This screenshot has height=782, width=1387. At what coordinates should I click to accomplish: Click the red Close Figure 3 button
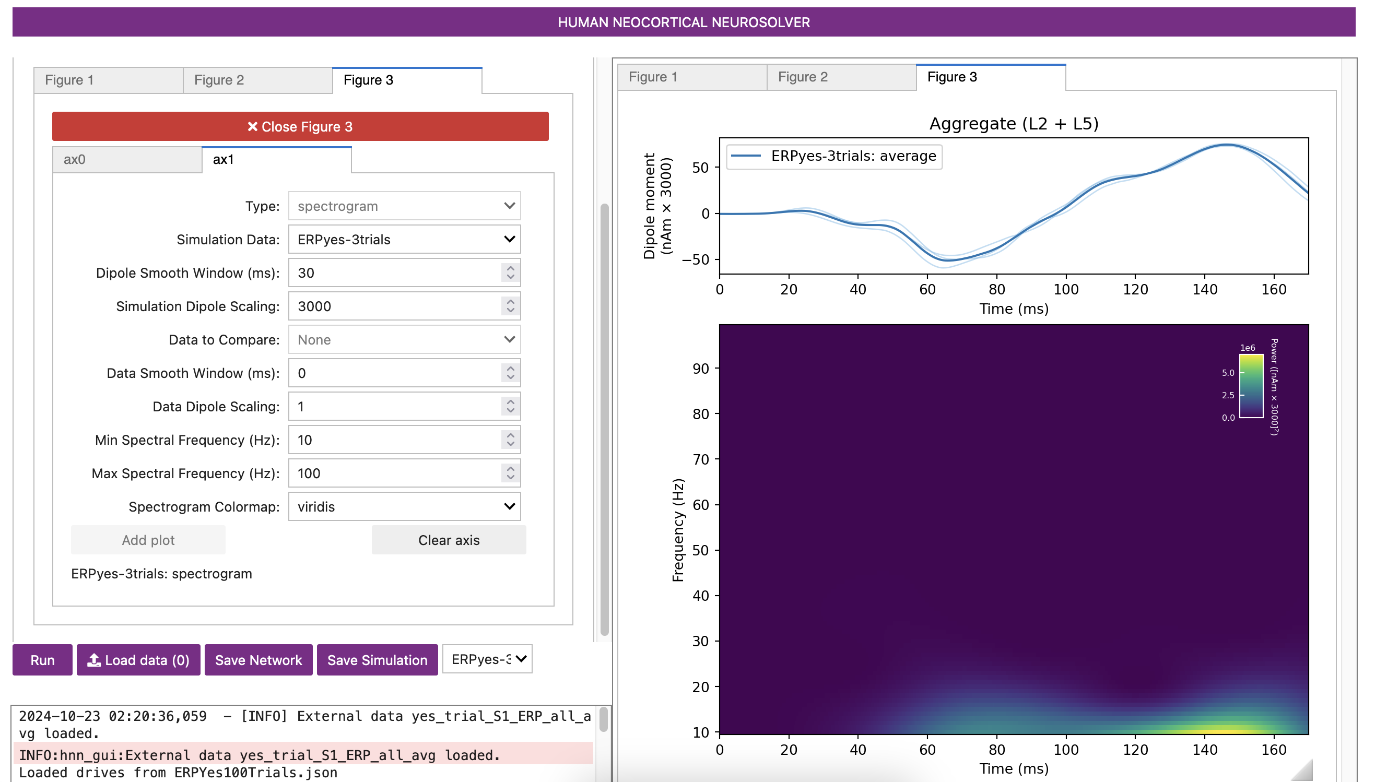(x=300, y=126)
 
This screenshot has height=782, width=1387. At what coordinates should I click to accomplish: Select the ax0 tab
(x=127, y=160)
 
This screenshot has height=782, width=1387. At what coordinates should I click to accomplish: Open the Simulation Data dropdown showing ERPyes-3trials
(x=404, y=240)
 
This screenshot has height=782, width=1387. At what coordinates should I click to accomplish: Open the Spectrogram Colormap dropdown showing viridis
(x=404, y=507)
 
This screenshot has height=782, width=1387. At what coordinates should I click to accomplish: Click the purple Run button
(x=42, y=660)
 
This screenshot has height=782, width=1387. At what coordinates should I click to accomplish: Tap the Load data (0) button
(x=138, y=660)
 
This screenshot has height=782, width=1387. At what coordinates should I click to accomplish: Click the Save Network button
(x=258, y=660)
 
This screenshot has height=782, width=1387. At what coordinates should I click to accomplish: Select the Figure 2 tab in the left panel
(x=257, y=80)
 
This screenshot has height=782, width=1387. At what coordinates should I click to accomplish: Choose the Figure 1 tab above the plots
(x=691, y=77)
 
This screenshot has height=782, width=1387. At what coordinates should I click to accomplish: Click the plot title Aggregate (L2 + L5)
(x=1013, y=124)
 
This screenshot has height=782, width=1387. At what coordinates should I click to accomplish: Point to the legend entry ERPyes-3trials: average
(x=853, y=156)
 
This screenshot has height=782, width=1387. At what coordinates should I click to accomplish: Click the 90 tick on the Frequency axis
(x=700, y=369)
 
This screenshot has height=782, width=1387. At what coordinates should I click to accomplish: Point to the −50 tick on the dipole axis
(x=695, y=260)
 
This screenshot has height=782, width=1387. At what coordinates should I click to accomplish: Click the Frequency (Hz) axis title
(x=678, y=530)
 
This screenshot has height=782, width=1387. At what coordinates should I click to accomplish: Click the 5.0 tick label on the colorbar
(x=1228, y=372)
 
